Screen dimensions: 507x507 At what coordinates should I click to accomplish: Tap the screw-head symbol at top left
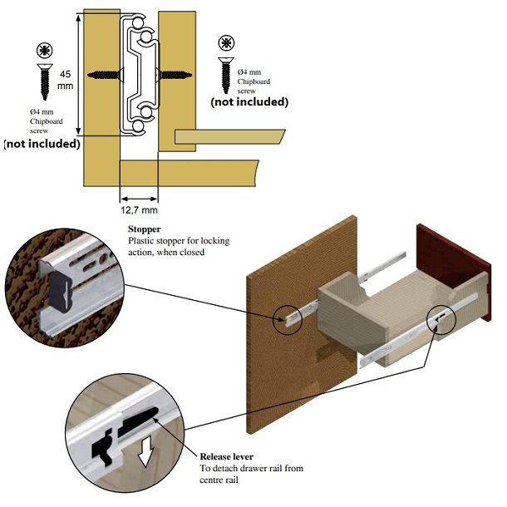pos(42,50)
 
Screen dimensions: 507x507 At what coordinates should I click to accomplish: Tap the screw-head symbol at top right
pos(224,43)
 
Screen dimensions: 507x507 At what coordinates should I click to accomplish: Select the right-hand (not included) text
pos(249,102)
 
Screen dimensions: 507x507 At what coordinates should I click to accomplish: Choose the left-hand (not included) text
pos(42,143)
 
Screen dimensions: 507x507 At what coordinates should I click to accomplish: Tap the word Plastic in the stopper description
pos(143,241)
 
